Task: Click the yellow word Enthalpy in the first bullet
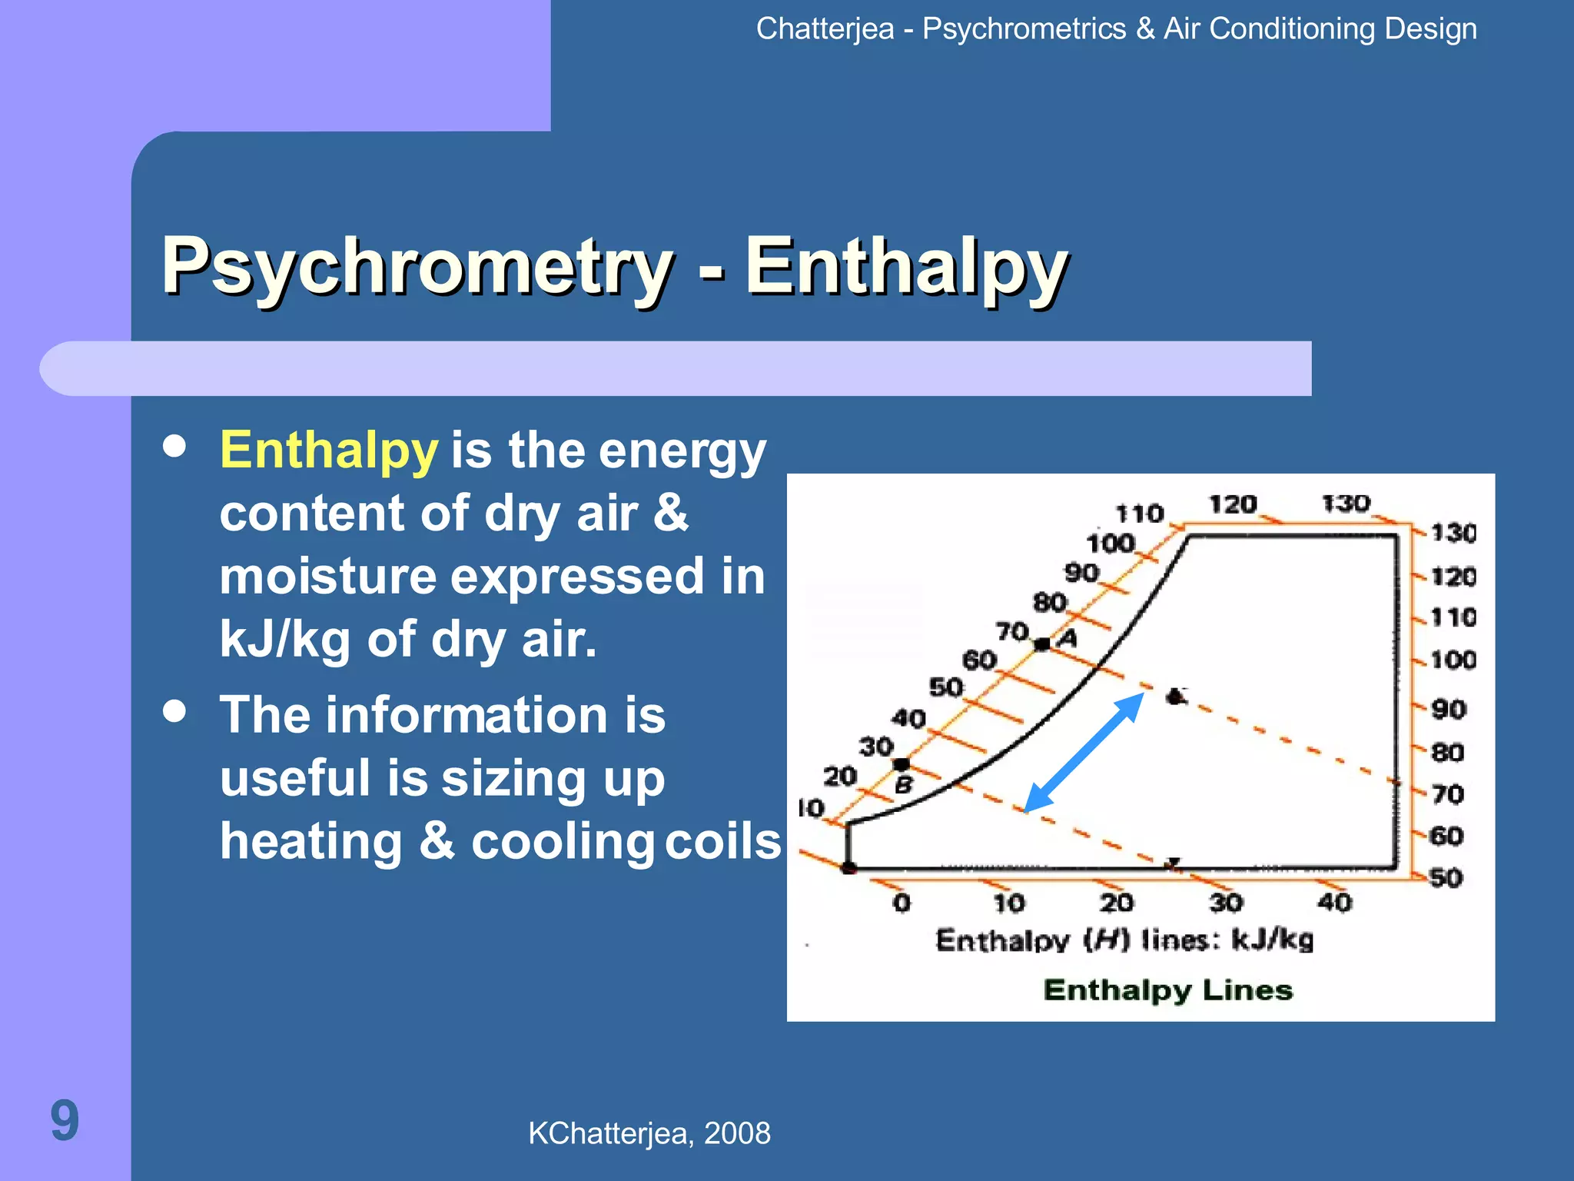(328, 451)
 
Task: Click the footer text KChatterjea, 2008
(649, 1133)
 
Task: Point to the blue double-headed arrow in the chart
(1084, 753)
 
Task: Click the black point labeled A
(1042, 644)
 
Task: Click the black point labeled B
(902, 764)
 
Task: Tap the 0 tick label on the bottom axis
(902, 903)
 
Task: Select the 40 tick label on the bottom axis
(1334, 903)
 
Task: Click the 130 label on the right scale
(1453, 533)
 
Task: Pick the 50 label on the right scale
(1446, 877)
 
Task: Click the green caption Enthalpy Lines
(1167, 990)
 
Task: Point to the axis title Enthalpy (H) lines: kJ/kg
(1124, 940)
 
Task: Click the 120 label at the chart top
(1233, 504)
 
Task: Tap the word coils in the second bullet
(722, 841)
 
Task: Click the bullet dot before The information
(175, 711)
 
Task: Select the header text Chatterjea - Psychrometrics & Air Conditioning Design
(1116, 29)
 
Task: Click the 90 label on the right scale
(1449, 709)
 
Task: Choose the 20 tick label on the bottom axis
(1116, 903)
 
